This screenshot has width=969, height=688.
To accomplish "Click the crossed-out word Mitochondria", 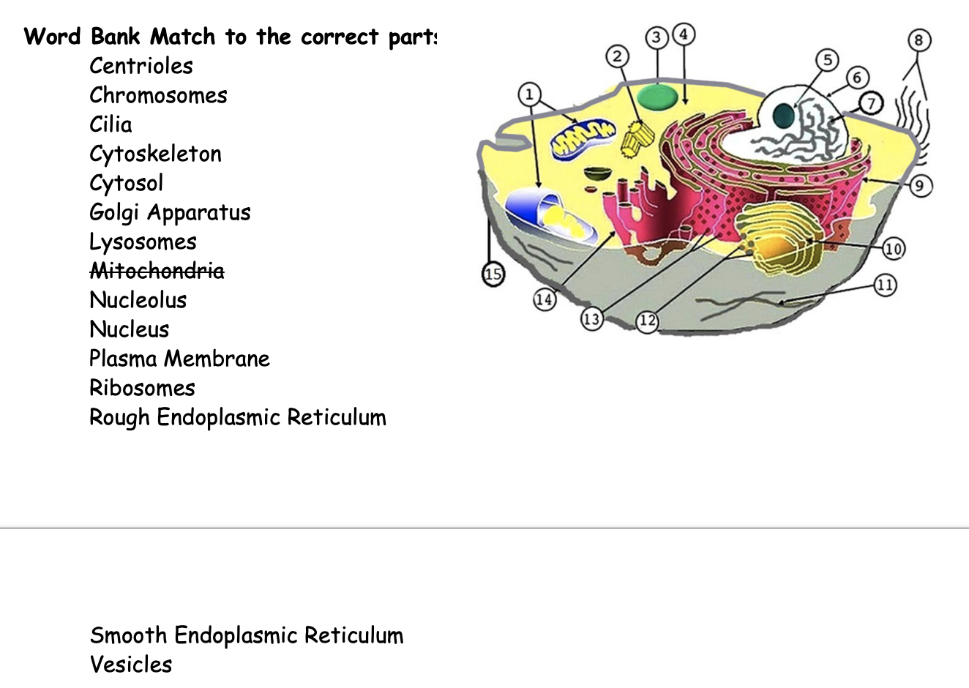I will (157, 271).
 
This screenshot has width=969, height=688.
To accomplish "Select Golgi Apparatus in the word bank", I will (170, 212).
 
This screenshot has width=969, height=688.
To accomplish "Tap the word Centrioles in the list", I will (141, 66).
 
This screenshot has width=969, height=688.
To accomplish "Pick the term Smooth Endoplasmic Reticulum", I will (246, 635).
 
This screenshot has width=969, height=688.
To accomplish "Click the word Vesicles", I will (131, 665).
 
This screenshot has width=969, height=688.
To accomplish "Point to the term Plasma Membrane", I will (179, 359).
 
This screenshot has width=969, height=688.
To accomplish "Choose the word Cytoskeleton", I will (155, 154).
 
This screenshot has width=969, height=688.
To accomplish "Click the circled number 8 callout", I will (919, 40).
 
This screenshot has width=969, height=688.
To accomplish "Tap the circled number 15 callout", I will (493, 274).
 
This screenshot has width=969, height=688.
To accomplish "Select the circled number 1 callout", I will (529, 94).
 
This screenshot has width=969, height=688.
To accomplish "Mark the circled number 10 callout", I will (893, 249).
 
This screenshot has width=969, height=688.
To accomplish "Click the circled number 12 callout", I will (647, 321).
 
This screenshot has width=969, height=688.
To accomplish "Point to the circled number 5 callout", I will (827, 60).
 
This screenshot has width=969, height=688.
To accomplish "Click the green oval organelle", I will (657, 97).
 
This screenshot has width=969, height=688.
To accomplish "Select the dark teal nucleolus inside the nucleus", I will (784, 115).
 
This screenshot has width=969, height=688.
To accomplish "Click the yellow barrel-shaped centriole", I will (637, 138).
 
